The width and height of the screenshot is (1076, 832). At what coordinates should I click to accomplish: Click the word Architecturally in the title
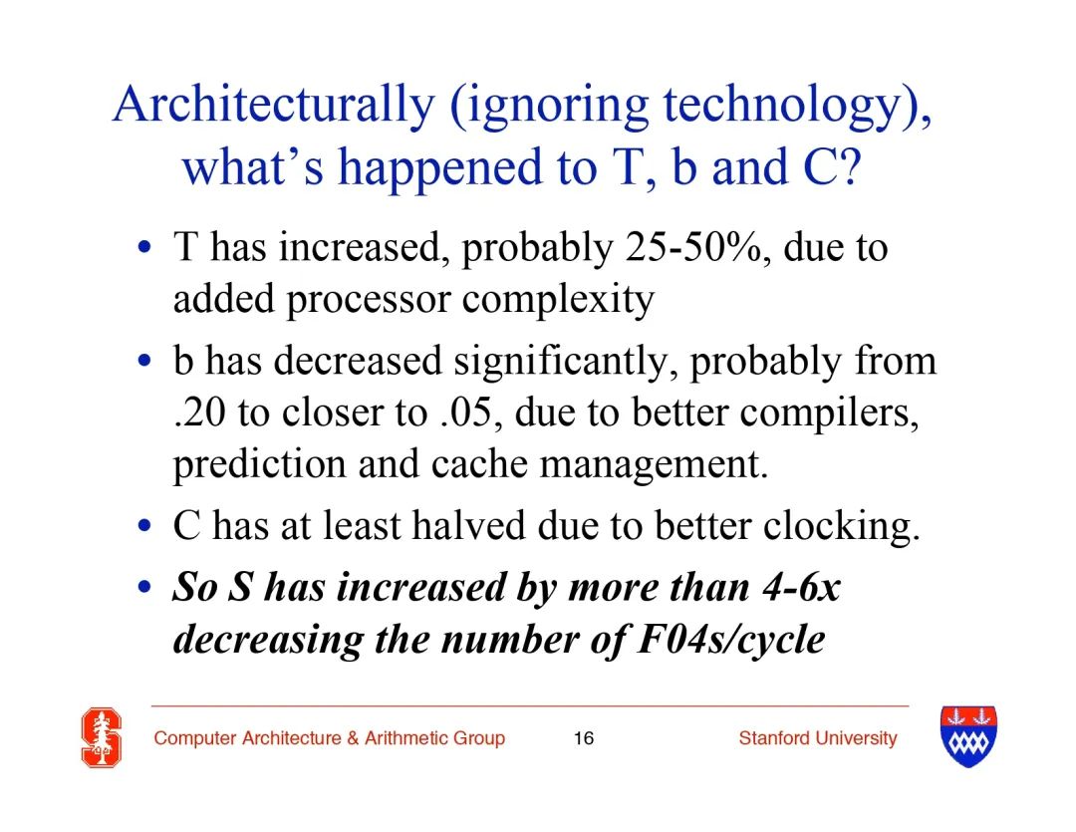(x=274, y=105)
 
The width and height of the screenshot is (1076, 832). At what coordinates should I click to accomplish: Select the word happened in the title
(x=439, y=168)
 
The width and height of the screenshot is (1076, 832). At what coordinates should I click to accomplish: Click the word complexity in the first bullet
(x=558, y=299)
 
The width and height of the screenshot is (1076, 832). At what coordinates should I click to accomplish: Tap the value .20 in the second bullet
(x=199, y=414)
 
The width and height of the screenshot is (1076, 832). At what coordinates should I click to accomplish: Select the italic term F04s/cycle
(x=731, y=641)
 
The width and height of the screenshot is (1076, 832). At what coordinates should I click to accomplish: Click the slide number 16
(x=583, y=738)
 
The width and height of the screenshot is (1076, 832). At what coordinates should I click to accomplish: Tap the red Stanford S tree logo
(x=102, y=738)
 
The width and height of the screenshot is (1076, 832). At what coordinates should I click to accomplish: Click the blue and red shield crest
(x=968, y=736)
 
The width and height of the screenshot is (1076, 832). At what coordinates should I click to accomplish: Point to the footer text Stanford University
(x=818, y=738)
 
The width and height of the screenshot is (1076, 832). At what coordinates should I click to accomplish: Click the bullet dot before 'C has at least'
(x=144, y=526)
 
